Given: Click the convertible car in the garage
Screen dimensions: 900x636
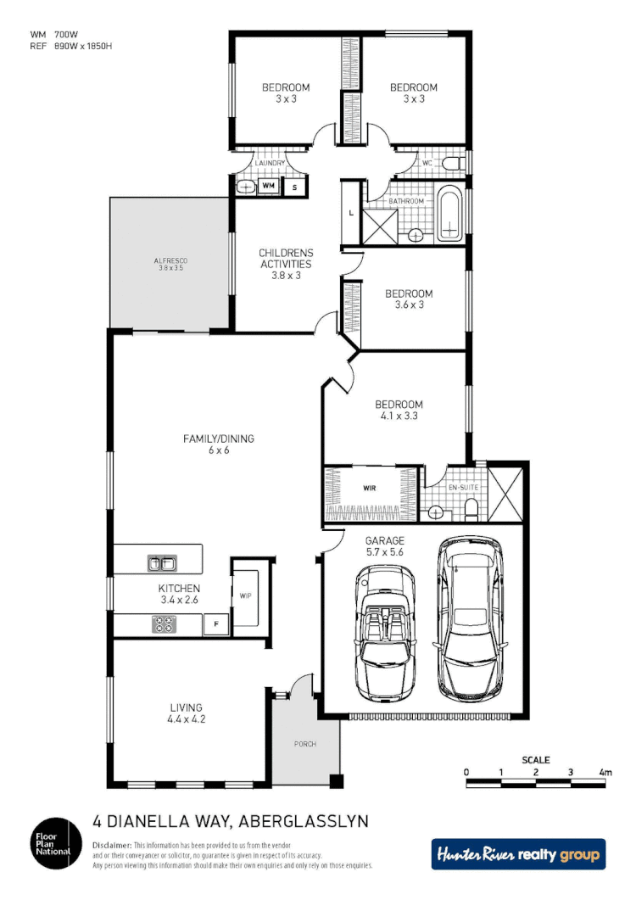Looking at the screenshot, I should click(x=385, y=632).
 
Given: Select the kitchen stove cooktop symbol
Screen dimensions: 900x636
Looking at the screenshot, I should click(x=163, y=625).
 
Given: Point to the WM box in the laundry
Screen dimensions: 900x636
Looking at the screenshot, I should click(x=268, y=186).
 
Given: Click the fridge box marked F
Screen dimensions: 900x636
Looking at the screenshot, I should click(x=216, y=625).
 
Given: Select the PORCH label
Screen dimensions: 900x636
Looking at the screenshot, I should click(x=304, y=744).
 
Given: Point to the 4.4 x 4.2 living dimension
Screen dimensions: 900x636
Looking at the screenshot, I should click(x=187, y=719).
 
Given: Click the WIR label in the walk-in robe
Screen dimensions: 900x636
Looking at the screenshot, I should click(x=369, y=489).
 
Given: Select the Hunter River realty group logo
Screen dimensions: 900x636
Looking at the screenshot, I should click(x=518, y=854).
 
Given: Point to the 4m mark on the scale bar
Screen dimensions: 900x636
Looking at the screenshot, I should click(x=605, y=772).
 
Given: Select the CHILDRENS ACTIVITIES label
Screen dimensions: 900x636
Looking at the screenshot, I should click(x=286, y=258).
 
